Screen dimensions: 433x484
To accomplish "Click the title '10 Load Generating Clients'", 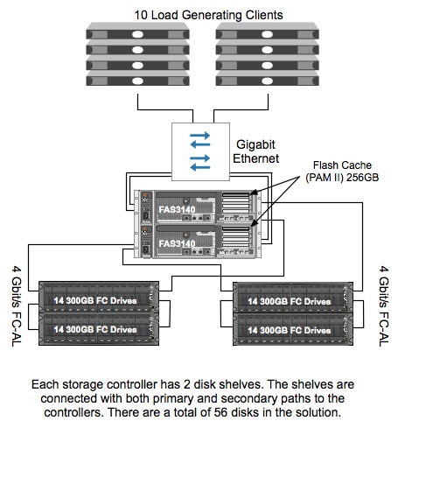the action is pyautogui.click(x=208, y=15).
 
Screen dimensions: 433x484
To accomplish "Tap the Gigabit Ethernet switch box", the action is pyautogui.click(x=200, y=151).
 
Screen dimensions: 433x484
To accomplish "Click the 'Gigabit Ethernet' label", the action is pyautogui.click(x=255, y=151).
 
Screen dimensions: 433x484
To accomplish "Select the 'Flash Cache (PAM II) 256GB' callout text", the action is pyautogui.click(x=342, y=172).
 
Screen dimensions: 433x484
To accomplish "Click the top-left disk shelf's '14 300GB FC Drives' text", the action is pyautogui.click(x=95, y=300).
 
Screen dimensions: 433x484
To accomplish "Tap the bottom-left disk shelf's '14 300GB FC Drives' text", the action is pyautogui.click(x=95, y=329).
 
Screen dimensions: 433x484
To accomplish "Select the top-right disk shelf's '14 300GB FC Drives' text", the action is pyautogui.click(x=290, y=301).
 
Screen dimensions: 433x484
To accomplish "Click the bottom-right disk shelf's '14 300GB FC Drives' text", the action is pyautogui.click(x=290, y=330).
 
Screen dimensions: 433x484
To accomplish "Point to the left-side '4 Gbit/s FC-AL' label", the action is pyautogui.click(x=17, y=305).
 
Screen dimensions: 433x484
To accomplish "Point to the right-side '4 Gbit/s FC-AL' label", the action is pyautogui.click(x=384, y=305).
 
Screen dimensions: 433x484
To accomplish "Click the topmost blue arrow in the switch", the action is pyautogui.click(x=199, y=135).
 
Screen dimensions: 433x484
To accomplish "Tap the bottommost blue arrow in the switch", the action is pyautogui.click(x=199, y=167).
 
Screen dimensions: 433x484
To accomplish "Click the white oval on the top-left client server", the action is pyautogui.click(x=137, y=34).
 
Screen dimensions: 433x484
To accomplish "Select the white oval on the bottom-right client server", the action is pyautogui.click(x=267, y=81).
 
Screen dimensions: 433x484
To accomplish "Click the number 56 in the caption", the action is pyautogui.click(x=220, y=412).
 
